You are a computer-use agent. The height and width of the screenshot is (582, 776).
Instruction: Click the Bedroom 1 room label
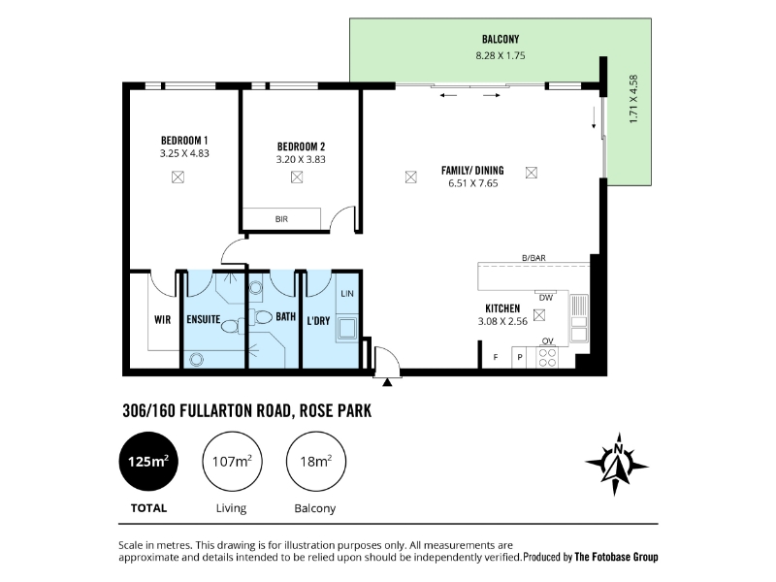(x=184, y=141)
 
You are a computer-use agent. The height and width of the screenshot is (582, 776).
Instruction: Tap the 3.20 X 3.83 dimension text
(x=301, y=159)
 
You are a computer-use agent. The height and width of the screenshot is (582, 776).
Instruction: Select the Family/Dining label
(x=472, y=171)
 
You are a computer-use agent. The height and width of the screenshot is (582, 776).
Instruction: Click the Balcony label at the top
(x=501, y=39)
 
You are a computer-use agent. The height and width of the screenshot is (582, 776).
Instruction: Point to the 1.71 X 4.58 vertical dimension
(x=633, y=99)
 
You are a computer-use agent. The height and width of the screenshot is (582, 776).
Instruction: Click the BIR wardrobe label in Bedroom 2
(x=281, y=219)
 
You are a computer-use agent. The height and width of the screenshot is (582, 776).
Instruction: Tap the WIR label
(x=162, y=320)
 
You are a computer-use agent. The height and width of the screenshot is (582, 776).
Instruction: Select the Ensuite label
(x=204, y=319)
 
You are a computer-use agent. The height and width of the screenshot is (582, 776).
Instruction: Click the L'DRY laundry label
(x=318, y=321)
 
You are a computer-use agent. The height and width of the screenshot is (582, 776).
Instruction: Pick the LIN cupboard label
(x=347, y=294)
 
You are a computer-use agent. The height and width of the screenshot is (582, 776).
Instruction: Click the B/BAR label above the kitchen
(x=534, y=258)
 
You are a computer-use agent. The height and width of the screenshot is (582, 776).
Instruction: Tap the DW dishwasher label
(x=546, y=298)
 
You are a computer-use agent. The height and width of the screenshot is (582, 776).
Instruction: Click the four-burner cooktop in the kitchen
(x=547, y=357)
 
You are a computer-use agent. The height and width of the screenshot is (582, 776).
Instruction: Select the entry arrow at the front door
(x=387, y=381)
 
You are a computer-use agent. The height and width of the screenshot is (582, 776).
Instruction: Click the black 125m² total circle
(x=148, y=462)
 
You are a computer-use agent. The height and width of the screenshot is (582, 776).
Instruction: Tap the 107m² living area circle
(x=232, y=462)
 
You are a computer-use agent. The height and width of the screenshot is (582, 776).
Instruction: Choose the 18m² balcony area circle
(x=316, y=462)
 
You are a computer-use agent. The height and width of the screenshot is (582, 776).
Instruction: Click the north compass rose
(x=617, y=465)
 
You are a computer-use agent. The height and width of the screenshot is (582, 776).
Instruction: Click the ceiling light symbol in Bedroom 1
(x=178, y=177)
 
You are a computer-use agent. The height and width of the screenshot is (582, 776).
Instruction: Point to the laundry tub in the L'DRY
(x=347, y=328)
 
